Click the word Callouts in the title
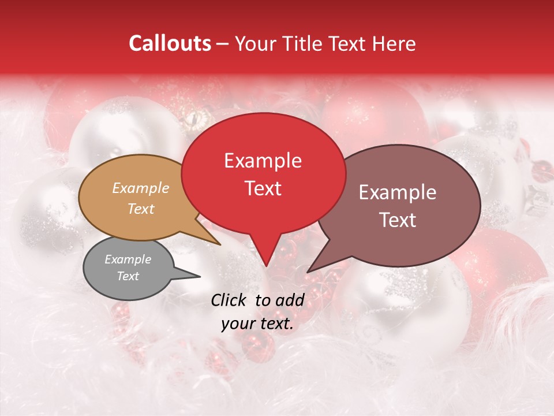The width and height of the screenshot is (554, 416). pos(170,43)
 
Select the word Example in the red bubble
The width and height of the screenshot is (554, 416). pos(263,161)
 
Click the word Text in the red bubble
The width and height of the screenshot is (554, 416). pos(263,188)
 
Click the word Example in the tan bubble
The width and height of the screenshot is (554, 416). pos(140,188)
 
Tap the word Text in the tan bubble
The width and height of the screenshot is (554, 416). pos(140,209)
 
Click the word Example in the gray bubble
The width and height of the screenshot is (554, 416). pos(128,259)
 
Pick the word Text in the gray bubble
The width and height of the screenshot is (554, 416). pos(128,276)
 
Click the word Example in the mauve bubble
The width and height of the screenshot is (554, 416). pos(398,192)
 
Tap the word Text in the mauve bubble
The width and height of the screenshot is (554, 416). pos(398,220)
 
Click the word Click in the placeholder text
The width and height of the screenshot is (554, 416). pos(229,300)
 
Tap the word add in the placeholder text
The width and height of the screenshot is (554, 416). pos(290,300)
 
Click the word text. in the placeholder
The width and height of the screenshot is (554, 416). pos(275,324)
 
